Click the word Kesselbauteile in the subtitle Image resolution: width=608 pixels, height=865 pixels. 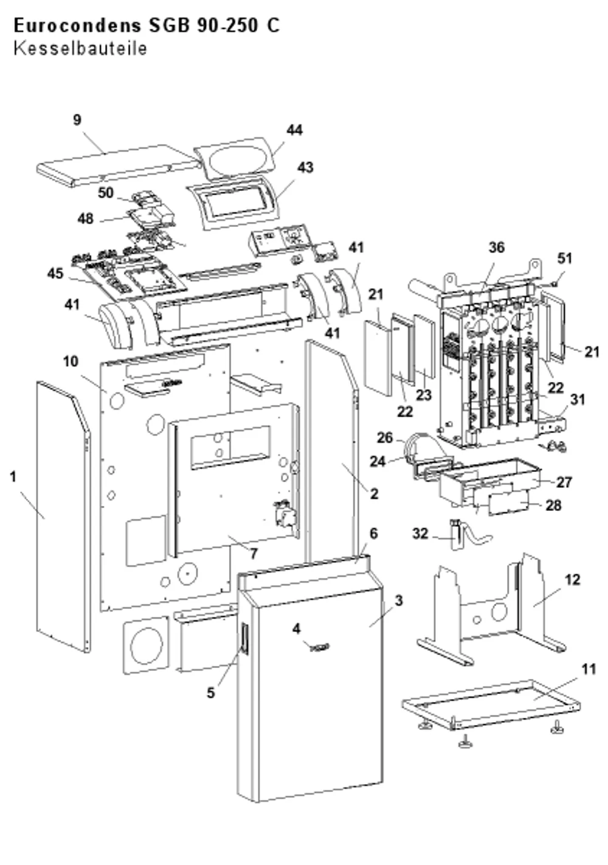coord(80,49)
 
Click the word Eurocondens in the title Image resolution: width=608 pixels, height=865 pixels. coord(78,26)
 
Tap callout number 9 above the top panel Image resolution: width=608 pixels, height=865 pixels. coord(77,120)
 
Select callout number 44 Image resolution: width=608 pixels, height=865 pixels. coord(294,130)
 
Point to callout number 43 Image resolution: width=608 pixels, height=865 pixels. coord(305,168)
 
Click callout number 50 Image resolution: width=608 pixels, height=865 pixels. coord(106,193)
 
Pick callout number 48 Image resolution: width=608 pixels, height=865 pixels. coord(86,218)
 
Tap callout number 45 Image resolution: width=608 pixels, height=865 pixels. coord(55,273)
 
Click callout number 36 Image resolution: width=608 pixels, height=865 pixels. coord(497,248)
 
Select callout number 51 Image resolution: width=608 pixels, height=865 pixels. coord(564,259)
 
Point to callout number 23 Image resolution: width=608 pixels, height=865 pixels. coord(424,395)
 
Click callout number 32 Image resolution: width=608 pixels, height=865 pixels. coord(420,534)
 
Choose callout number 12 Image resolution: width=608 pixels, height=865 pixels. coord(572,580)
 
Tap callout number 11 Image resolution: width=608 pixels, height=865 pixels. coord(589,669)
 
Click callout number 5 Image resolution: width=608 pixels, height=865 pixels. coord(210,693)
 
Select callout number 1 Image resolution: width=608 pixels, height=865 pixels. coord(13,477)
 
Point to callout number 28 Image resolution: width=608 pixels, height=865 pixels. coord(553,505)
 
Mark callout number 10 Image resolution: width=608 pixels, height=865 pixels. coord(71,362)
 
